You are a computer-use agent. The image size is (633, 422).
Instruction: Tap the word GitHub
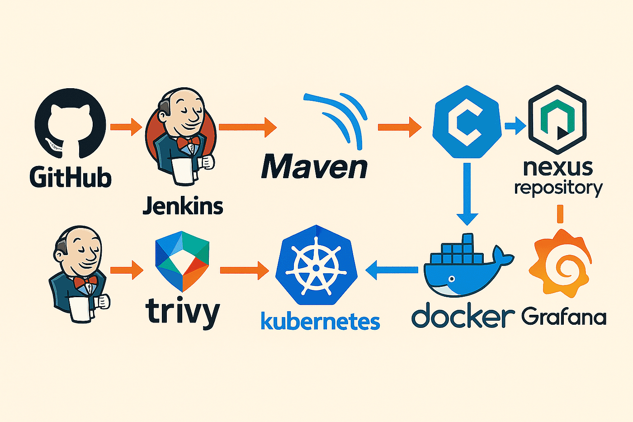[71, 177]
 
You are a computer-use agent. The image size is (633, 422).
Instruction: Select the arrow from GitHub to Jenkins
[126, 127]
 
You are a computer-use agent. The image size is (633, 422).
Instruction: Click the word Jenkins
[183, 206]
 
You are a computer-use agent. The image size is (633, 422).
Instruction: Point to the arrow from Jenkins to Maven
[248, 127]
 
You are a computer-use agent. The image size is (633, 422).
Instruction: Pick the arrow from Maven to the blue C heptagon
[400, 127]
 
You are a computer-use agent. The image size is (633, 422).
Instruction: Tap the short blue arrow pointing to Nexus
[515, 125]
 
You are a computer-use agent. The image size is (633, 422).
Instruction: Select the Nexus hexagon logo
[557, 119]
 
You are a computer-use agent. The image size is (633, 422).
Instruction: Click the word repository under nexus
[558, 188]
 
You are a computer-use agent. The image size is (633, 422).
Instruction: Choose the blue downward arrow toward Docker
[467, 194]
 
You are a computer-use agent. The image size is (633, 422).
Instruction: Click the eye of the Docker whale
[452, 279]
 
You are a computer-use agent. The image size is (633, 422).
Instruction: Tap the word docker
[463, 315]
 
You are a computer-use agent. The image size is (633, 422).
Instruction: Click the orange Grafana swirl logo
[560, 263]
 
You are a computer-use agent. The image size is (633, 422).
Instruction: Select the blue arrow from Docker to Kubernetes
[392, 270]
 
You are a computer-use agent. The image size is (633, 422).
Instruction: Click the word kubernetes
[321, 321]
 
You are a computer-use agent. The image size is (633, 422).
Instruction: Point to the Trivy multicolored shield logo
[182, 261]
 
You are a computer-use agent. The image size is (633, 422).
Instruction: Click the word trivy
[183, 313]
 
